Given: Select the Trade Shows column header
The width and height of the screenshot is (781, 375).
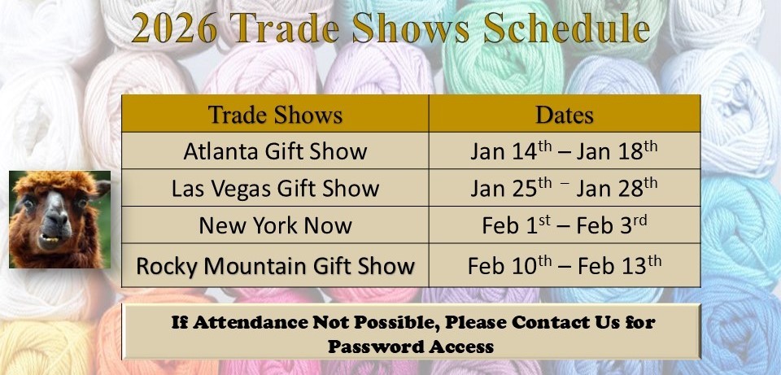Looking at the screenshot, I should pos(275,115).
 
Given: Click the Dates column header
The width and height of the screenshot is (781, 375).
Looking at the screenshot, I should pos(564,115).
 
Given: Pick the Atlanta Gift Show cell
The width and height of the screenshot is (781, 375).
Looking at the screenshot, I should pos(275,151).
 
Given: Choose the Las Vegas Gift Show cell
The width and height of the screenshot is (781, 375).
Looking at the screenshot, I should pos(275,189).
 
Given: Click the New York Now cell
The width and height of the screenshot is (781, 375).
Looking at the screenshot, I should pos(275,225).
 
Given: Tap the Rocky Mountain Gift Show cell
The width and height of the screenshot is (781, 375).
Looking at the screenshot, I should pos(275,265).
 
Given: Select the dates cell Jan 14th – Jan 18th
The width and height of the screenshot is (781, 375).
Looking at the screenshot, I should pos(564,151).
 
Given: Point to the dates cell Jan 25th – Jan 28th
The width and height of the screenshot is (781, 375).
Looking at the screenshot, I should pos(564,189).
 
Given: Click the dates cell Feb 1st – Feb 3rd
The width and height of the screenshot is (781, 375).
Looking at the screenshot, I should pos(564,225).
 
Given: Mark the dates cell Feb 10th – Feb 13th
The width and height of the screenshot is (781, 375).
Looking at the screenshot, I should pos(564,265).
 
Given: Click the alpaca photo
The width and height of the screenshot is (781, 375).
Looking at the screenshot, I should pos(59,220).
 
